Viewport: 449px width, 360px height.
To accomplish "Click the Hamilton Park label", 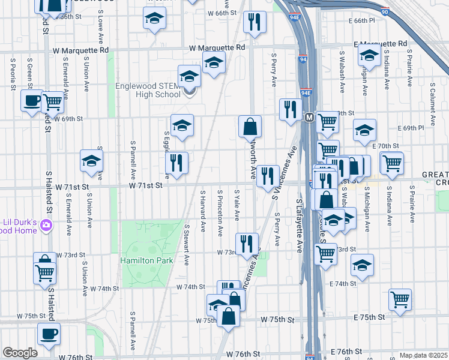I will [146, 260].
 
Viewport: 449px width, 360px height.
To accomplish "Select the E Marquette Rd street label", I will [381, 44].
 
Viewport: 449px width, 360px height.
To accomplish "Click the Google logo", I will [20, 352].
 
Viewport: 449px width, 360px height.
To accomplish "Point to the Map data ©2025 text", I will [423, 355].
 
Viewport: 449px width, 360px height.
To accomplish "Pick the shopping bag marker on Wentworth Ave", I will [250, 127].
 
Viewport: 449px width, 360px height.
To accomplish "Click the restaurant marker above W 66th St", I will [255, 22].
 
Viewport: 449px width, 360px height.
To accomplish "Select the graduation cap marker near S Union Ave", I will [92, 160].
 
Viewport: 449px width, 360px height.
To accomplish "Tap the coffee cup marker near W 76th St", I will [49, 334].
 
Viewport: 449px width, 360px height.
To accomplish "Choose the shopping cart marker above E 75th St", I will [400, 299].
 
